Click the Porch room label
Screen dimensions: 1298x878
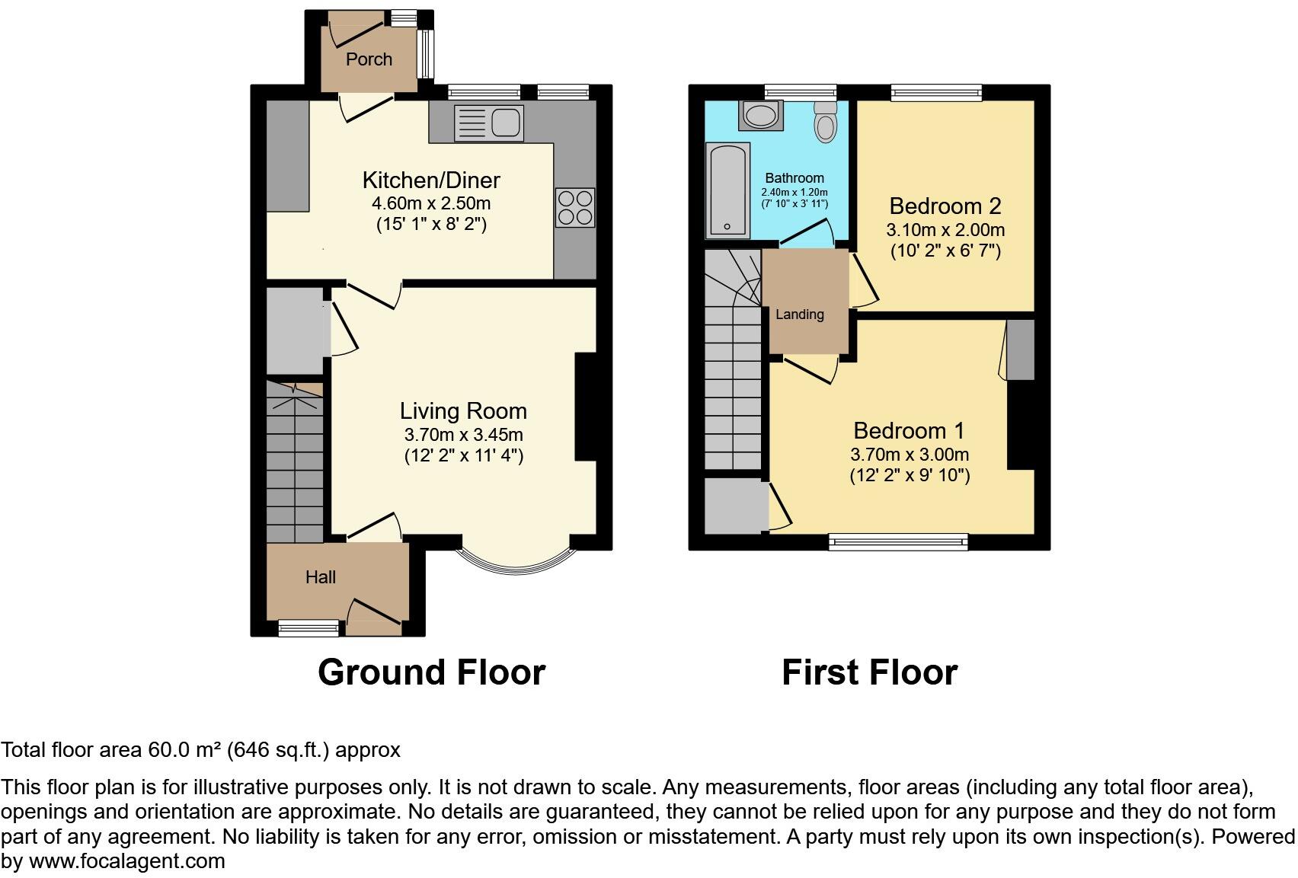369,59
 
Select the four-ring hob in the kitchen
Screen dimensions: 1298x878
575,207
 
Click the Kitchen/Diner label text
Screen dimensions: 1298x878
431,180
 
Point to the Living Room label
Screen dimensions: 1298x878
464,411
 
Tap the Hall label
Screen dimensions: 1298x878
321,577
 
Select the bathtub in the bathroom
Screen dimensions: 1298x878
727,190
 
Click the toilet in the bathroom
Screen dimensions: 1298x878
825,122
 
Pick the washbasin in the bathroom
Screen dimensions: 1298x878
761,115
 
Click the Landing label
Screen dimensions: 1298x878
800,314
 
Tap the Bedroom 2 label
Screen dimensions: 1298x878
945,206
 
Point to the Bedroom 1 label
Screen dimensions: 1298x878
910,431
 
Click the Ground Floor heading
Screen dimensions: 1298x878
432,672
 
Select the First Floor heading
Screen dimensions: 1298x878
870,672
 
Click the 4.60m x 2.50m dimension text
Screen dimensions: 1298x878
431,203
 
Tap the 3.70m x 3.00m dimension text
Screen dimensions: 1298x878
910,454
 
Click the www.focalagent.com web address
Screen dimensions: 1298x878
127,861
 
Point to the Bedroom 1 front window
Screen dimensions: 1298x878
898,541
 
